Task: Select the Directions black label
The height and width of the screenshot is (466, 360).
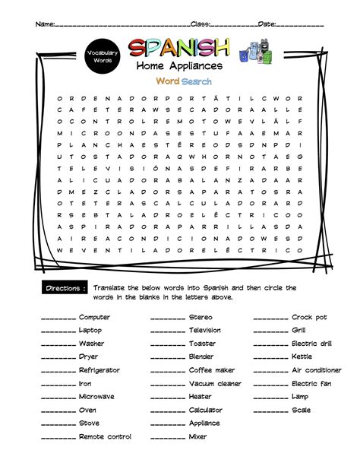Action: (x=63, y=290)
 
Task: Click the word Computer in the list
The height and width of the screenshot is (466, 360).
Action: (x=94, y=317)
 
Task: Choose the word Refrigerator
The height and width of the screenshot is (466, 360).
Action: (x=99, y=370)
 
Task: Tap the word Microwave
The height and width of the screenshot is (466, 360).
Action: (x=96, y=397)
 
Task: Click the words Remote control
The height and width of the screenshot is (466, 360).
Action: (x=105, y=436)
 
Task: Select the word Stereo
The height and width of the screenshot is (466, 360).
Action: (x=201, y=317)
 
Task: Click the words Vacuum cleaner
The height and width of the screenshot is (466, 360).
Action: (x=215, y=384)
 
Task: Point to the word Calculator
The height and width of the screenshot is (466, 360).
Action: (x=206, y=411)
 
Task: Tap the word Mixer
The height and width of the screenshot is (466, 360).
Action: (x=197, y=436)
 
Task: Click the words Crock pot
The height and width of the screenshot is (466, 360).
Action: (x=309, y=317)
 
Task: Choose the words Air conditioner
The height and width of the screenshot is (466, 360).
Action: (x=317, y=370)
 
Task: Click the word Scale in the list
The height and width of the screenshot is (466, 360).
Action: (x=301, y=411)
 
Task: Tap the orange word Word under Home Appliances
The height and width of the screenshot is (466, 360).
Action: (x=167, y=81)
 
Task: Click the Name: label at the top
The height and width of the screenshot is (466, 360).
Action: (x=45, y=24)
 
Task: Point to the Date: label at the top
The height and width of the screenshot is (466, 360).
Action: (x=267, y=24)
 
